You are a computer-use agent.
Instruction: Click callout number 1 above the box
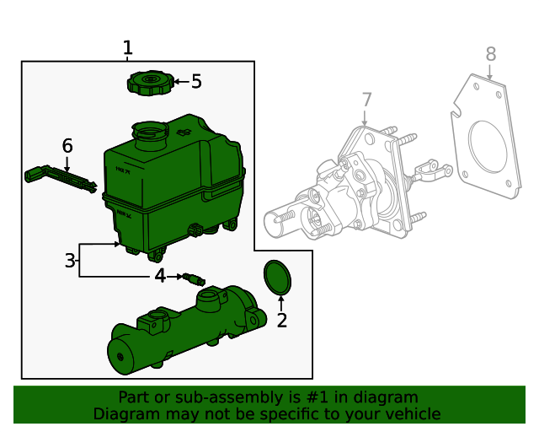127,48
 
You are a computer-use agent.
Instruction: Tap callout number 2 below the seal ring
281,321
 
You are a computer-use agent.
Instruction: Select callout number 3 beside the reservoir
70,261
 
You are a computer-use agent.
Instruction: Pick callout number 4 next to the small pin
160,276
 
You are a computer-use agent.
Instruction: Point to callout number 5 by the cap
196,82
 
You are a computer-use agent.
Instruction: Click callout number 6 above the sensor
67,146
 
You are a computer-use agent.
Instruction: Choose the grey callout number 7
366,100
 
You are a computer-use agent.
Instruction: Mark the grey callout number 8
491,55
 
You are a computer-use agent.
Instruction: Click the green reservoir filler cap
150,83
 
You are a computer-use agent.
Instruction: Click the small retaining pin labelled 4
193,277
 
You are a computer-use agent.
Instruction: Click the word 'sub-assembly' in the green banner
208,397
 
